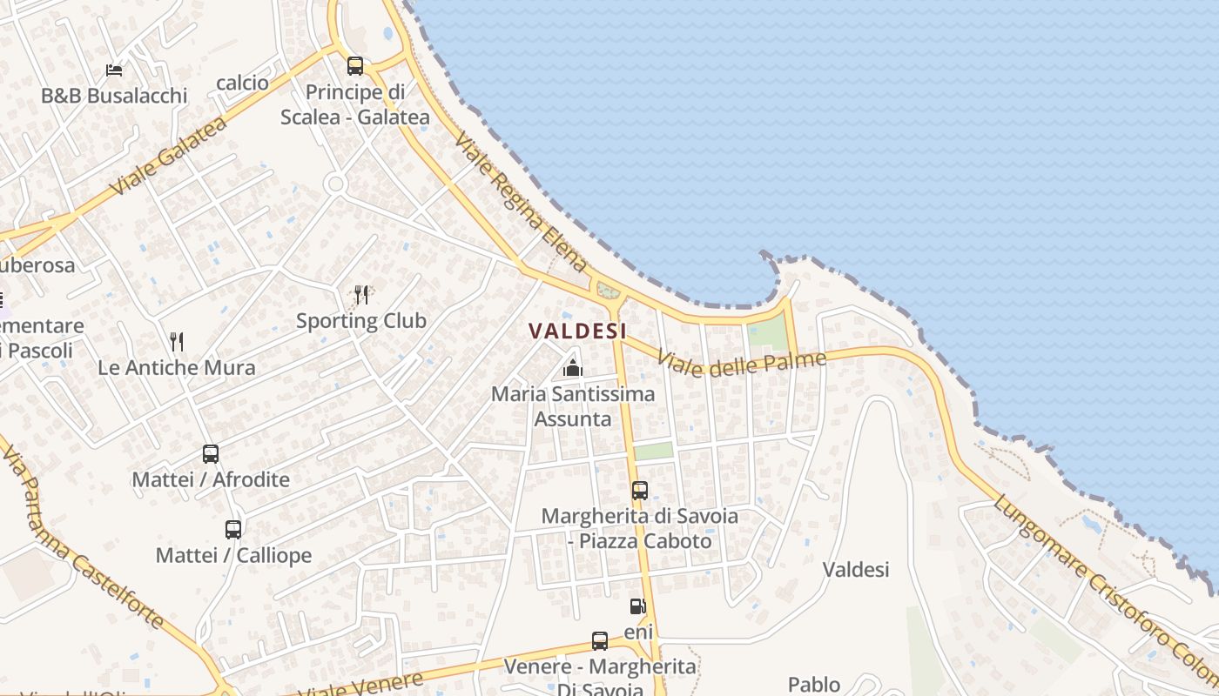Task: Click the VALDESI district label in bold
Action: click(x=577, y=331)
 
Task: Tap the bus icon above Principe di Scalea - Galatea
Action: click(x=354, y=65)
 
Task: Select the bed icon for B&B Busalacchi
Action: click(x=114, y=70)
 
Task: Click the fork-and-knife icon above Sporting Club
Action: click(x=361, y=295)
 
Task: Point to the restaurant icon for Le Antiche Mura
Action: click(x=177, y=341)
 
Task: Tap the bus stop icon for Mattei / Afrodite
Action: click(x=211, y=453)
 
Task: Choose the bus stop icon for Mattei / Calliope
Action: click(x=233, y=529)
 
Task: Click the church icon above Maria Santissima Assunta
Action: click(x=572, y=368)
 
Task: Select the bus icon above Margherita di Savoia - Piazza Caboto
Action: click(x=640, y=490)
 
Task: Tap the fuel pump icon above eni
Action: click(x=638, y=606)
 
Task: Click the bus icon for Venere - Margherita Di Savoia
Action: click(x=600, y=641)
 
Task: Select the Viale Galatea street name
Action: click(x=169, y=157)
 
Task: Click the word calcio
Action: click(x=243, y=83)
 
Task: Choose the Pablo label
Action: click(x=814, y=685)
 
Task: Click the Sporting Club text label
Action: click(x=361, y=321)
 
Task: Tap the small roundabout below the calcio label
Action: click(x=335, y=184)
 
